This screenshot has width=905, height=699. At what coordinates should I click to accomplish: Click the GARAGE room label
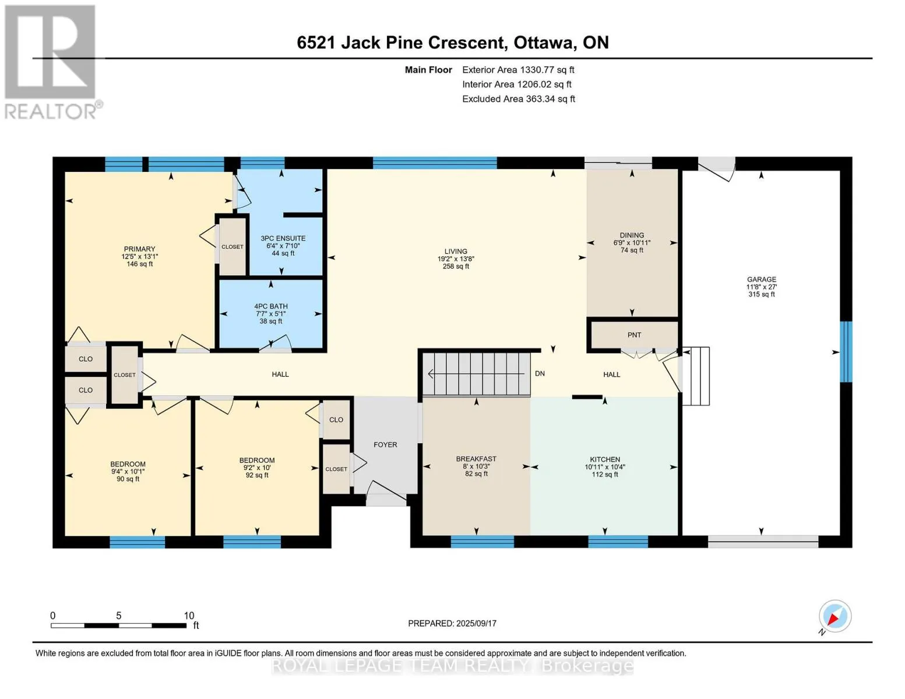point(761,280)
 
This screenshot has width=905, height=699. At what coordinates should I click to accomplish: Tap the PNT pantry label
point(634,335)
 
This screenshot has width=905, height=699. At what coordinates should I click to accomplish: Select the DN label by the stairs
point(540,373)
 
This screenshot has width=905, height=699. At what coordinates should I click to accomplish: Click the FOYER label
point(385,444)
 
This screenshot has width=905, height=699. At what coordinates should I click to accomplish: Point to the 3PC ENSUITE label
point(283,238)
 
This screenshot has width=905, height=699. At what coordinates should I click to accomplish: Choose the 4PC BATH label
point(271,306)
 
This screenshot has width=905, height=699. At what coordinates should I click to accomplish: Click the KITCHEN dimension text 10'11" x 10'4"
point(605,467)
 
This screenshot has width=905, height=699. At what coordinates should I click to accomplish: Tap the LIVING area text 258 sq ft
point(456,266)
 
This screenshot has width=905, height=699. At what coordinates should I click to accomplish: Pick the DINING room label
point(632,235)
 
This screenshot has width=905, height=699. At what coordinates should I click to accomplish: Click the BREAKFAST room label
point(476,459)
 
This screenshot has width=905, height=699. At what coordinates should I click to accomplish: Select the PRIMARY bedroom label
point(139,249)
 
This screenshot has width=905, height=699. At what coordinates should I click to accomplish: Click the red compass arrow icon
point(833,619)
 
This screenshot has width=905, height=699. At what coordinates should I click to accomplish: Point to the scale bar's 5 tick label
point(119,616)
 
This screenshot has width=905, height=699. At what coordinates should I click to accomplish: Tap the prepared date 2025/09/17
point(476,623)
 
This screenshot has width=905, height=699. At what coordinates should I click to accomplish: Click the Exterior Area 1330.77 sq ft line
point(518,70)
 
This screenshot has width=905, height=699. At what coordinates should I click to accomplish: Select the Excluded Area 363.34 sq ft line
point(519,99)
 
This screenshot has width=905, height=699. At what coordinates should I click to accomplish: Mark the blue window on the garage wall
point(846,352)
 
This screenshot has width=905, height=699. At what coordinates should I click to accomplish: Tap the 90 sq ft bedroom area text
point(128,479)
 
